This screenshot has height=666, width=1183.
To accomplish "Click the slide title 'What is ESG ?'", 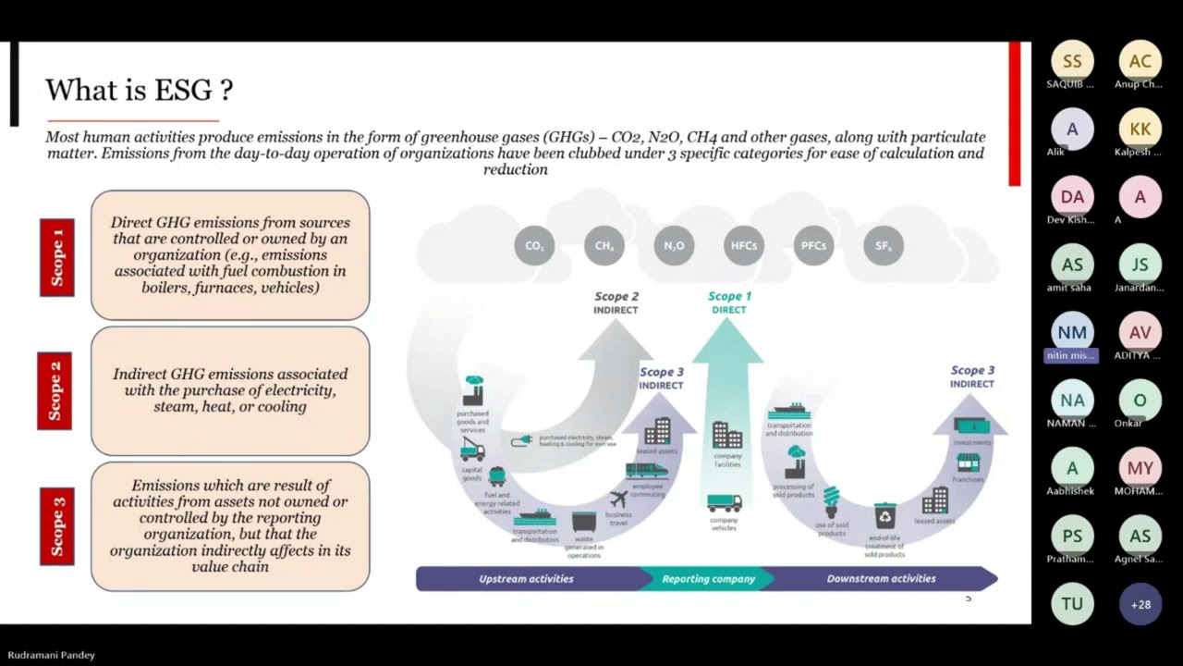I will coord(139,91).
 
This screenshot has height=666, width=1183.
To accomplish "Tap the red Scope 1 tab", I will coord(56,257).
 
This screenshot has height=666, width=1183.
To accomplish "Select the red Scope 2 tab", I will coord(55,390).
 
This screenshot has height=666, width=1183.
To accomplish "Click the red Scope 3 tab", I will coord(56,526).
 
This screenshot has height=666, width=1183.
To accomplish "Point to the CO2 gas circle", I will coord(534,246).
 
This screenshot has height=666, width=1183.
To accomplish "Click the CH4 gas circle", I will coord(604,246).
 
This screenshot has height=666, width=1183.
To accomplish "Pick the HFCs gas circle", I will coord(744,246).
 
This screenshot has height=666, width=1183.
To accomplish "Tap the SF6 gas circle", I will coord(883,246).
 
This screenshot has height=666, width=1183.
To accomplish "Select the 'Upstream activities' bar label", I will coord(526,579).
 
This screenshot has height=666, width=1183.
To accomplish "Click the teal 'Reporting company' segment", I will coord(708,579).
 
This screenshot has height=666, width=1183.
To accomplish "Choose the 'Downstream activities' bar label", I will coord(881,579).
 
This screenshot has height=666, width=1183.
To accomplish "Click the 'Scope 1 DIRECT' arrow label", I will coord(729,302).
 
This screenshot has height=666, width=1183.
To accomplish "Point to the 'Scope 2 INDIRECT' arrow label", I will coord(616,303).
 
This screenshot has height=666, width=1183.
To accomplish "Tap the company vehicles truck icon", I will coord(724,503).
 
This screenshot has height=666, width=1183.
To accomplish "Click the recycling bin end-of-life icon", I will coord(884,515).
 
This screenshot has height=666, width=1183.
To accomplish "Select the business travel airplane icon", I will coord(619,499).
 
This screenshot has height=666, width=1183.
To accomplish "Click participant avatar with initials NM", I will coord(1072,333).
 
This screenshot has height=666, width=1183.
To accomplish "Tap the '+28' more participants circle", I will coord(1140,604).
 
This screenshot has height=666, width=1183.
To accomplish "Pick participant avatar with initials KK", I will coord(1140,129).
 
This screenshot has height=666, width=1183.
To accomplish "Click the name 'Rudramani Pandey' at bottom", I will coord(51,655).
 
